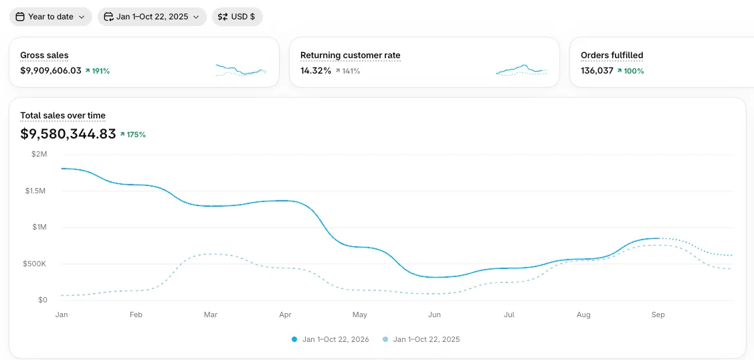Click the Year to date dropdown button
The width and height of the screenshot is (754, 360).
[x=50, y=17]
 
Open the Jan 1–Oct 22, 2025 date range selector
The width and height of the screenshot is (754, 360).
[x=152, y=17]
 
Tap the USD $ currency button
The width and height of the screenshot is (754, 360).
[x=237, y=17]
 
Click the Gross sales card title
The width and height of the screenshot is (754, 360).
[x=44, y=56]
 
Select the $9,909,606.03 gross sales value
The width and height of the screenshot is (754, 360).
[x=50, y=71]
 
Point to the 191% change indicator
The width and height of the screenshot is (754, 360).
[x=98, y=71]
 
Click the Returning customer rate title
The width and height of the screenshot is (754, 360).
[x=350, y=56]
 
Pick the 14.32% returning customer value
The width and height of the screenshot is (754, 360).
[x=316, y=71]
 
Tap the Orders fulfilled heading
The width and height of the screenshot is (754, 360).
[x=611, y=56]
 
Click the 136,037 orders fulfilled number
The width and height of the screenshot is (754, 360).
[x=597, y=71]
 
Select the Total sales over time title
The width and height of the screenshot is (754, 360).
[x=63, y=115]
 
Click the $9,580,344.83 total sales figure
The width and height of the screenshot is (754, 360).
[x=68, y=134]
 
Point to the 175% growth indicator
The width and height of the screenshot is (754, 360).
[x=133, y=134]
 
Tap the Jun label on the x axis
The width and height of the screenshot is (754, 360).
[x=434, y=314]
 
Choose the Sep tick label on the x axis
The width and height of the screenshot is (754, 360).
[x=658, y=314]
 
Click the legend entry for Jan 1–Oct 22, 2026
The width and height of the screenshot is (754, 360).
[x=331, y=339]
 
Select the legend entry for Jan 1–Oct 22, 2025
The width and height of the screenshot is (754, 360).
[x=421, y=339]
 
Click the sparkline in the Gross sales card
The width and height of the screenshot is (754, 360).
[x=241, y=70]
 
